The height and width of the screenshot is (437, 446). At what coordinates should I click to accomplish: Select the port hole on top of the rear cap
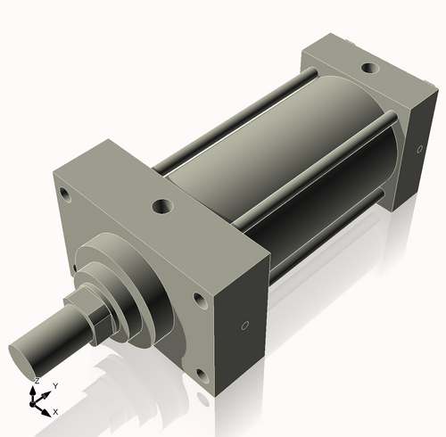[x=367, y=67]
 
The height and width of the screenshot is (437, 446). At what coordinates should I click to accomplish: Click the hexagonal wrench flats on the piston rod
[x=95, y=321]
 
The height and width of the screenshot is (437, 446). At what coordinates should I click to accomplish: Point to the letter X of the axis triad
[x=55, y=412]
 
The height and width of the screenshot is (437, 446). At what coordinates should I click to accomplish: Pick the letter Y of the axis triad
[x=54, y=385]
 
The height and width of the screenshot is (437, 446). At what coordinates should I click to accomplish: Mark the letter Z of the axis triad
[x=36, y=381]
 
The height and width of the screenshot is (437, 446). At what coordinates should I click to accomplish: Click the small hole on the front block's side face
[x=245, y=326]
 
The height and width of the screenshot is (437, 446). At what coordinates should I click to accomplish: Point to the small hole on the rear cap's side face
[x=417, y=149]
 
